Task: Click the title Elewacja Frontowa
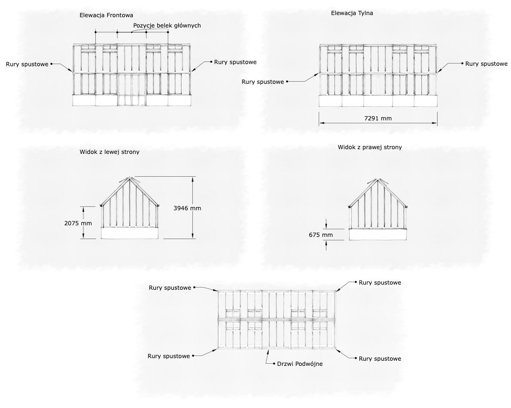pyautogui.click(x=106, y=15)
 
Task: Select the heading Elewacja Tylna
pyautogui.click(x=352, y=13)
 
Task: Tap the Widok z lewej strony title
pyautogui.click(x=109, y=152)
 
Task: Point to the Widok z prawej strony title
pyautogui.click(x=370, y=147)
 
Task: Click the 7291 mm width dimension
pyautogui.click(x=378, y=118)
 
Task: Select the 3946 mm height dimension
pyautogui.click(x=187, y=208)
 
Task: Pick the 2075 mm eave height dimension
pyautogui.click(x=78, y=223)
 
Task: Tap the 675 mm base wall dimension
pyautogui.click(x=321, y=235)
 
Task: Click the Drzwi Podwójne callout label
pyautogui.click(x=300, y=364)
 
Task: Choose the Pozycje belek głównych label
pyautogui.click(x=167, y=25)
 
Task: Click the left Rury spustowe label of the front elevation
pyautogui.click(x=27, y=64)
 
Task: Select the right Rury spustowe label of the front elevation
pyautogui.click(x=235, y=62)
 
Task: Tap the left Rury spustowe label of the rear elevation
pyautogui.click(x=263, y=82)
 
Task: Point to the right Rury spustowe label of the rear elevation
pyautogui.click(x=487, y=64)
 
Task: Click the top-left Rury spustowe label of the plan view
pyautogui.click(x=170, y=288)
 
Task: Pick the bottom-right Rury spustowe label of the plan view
pyautogui.click(x=380, y=359)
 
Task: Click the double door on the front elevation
pyautogui.click(x=132, y=90)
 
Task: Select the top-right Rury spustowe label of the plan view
pyautogui.click(x=380, y=282)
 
